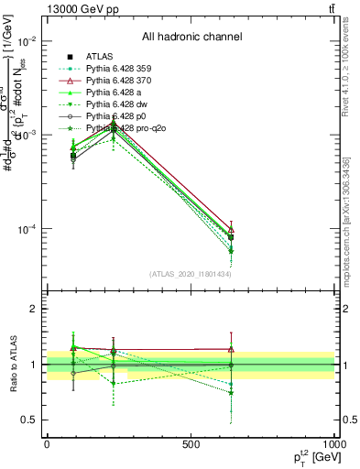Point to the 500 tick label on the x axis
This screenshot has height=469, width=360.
(191, 443)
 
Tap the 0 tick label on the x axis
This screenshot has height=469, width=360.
(47, 443)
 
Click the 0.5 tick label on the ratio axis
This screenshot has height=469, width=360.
(30, 420)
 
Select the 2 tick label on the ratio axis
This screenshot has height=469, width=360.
(35, 309)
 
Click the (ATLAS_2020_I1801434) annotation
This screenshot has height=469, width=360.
(191, 274)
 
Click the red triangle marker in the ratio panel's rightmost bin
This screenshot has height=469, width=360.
(232, 349)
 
